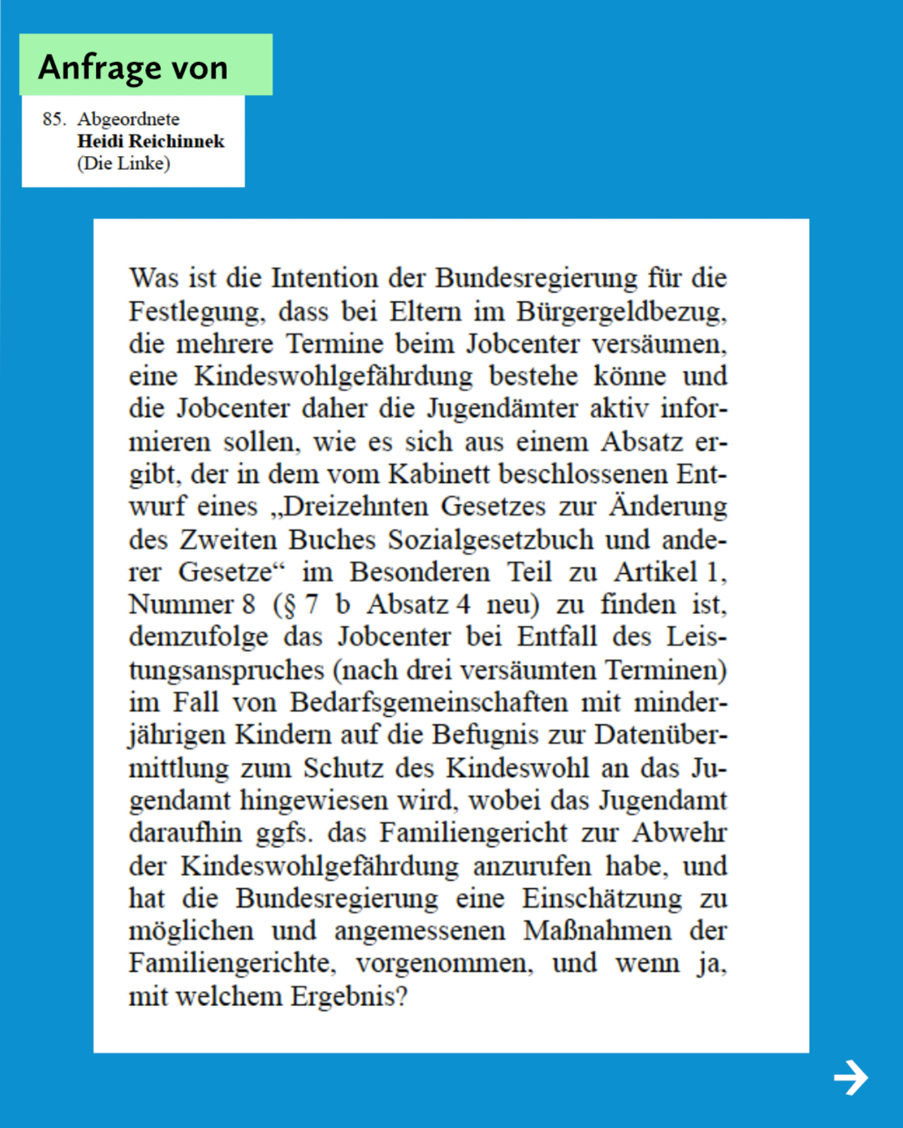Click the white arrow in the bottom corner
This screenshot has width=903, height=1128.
click(851, 1077)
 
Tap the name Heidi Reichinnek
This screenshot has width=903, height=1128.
click(151, 141)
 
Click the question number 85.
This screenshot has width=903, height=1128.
click(54, 119)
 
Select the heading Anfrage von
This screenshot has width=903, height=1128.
click(133, 67)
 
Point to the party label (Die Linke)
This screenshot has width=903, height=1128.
click(124, 164)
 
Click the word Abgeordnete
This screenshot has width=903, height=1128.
click(129, 119)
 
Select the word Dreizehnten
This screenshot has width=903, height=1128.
click(350, 506)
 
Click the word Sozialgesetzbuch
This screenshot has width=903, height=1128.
click(490, 540)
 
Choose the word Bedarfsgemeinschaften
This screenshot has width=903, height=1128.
click(429, 703)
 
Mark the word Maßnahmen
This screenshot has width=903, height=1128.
click(597, 931)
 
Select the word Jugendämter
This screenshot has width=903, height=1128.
click(502, 409)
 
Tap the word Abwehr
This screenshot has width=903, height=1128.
click(680, 833)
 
